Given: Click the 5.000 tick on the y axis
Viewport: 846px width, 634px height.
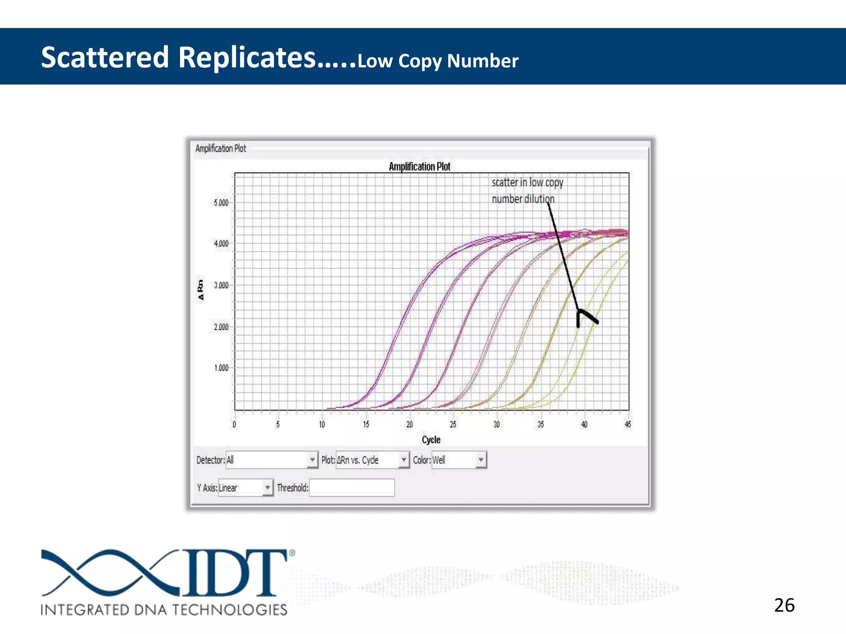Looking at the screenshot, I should [221, 203].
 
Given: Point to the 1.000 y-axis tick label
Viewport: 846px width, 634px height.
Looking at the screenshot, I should [221, 368].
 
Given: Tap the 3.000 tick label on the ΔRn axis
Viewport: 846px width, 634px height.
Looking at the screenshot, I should [221, 285].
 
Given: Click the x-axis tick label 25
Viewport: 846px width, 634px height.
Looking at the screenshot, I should [453, 424].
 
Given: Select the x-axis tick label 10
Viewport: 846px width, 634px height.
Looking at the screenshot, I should [322, 424].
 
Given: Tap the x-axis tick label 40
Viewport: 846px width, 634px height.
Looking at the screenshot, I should [584, 424].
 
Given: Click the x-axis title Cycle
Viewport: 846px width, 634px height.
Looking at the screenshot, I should [431, 440].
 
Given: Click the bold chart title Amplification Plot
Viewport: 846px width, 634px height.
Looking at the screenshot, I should [419, 167].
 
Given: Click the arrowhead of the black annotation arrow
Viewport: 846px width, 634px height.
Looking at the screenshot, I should [580, 312].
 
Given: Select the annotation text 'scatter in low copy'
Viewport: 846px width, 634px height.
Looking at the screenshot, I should [527, 182].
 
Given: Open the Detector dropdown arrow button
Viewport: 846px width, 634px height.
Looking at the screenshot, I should [312, 460].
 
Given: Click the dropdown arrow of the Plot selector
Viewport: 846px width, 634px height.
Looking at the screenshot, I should [404, 460].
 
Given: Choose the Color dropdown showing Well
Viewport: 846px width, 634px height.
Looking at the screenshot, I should [459, 460].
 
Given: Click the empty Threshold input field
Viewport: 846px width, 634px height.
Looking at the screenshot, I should [352, 488].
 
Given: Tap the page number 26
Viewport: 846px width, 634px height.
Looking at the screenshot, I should [784, 606].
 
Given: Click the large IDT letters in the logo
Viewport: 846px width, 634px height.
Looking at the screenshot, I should [235, 572].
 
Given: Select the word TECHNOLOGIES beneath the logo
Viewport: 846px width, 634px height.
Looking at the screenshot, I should [229, 610].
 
